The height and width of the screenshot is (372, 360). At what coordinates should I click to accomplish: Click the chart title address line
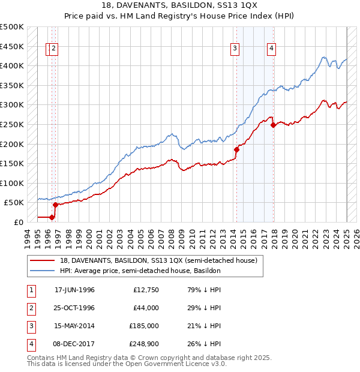[x=180, y=5]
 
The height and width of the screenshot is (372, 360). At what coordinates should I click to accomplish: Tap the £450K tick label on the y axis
[x=12, y=46]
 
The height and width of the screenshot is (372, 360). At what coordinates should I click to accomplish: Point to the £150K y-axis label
[x=12, y=163]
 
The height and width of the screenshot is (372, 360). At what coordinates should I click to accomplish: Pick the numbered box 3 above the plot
[x=235, y=49]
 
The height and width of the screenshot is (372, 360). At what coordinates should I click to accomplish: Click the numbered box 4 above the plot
[x=271, y=49]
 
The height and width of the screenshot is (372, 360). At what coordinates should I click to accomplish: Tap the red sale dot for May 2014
[x=236, y=150]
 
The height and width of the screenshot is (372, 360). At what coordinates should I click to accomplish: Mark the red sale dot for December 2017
[x=273, y=125]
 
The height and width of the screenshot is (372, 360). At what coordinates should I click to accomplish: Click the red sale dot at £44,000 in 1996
[x=55, y=205]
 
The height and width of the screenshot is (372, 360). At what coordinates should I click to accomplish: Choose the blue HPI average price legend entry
[x=140, y=271]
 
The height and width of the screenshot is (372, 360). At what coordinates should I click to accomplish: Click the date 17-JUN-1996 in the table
[x=74, y=290]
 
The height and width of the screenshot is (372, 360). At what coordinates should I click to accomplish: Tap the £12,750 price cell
[x=145, y=290]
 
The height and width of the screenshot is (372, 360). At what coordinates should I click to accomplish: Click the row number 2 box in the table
[x=30, y=308]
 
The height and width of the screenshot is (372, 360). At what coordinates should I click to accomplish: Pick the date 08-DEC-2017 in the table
[x=74, y=344]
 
